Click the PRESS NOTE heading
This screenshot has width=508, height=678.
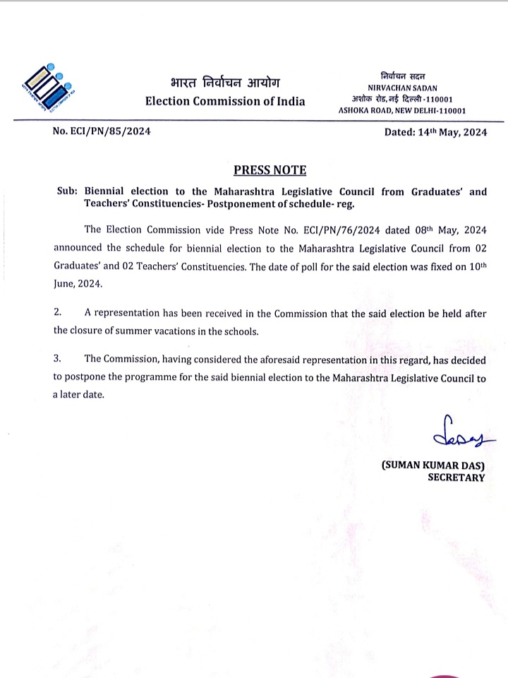(270, 170)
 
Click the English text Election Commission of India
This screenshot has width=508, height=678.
(225, 101)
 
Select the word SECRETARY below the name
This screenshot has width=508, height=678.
(456, 477)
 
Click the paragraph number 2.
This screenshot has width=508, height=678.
(58, 313)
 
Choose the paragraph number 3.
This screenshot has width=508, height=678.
(58, 359)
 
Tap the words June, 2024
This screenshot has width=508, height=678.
(77, 283)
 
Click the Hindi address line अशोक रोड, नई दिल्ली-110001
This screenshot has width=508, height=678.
(402, 99)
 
